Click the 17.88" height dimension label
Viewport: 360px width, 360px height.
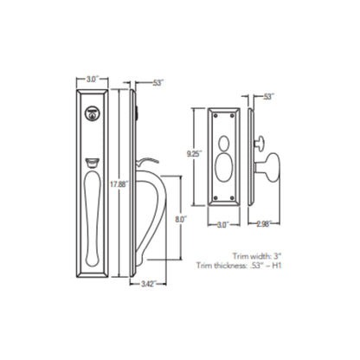120,183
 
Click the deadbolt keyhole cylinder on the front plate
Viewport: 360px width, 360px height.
92,112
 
